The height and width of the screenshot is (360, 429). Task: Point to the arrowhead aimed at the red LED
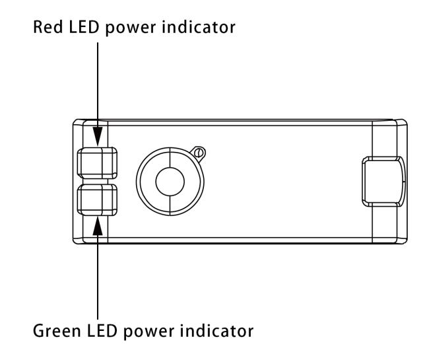(98, 137)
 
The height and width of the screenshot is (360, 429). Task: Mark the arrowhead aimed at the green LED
(98, 225)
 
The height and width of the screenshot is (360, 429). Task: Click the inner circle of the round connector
(170, 182)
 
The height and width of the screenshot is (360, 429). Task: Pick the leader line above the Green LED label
(98, 277)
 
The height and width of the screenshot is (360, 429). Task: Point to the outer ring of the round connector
(144, 182)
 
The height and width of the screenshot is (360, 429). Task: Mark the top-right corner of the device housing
(403, 122)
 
